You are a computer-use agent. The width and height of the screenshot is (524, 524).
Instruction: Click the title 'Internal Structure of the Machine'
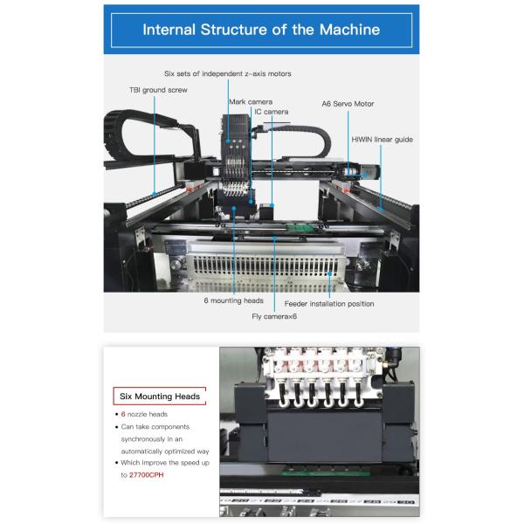(x=261, y=30)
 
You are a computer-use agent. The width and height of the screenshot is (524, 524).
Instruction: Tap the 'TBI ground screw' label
(x=158, y=90)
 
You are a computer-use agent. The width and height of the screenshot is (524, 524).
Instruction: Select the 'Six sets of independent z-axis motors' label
(x=228, y=73)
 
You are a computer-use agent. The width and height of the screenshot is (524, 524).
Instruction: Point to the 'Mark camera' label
(x=251, y=101)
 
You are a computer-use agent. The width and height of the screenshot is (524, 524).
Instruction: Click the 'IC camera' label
(x=272, y=112)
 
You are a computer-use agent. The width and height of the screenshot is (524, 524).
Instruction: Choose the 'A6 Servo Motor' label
(x=348, y=104)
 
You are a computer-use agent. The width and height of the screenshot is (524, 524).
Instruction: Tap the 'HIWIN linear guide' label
(x=383, y=140)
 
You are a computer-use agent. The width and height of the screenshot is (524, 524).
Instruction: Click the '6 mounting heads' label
(x=233, y=300)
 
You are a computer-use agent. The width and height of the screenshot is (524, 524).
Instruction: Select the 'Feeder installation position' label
(x=329, y=304)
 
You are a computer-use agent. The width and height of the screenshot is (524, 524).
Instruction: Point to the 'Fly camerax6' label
(x=274, y=316)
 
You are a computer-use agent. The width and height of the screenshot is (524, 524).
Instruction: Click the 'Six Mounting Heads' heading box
(x=160, y=396)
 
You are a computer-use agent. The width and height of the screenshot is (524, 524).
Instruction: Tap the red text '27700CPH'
(x=147, y=475)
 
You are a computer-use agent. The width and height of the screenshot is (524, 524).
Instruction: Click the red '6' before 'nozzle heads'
(x=123, y=414)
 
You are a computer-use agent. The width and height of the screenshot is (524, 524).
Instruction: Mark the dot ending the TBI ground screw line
(x=155, y=194)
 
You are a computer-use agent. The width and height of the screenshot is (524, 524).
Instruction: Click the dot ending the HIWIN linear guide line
(x=380, y=210)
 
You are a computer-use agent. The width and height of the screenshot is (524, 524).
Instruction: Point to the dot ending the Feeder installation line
(x=329, y=273)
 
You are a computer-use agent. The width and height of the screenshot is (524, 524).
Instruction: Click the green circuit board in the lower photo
(x=325, y=472)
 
